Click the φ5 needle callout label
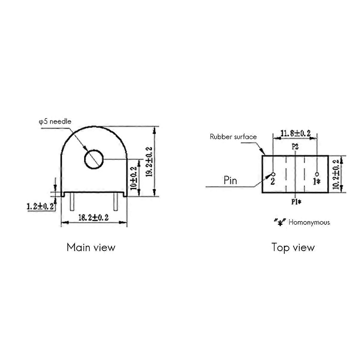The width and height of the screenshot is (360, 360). [x=55, y=121]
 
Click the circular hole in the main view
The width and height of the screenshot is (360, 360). [x=94, y=159]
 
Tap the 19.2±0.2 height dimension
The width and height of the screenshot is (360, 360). [x=149, y=162]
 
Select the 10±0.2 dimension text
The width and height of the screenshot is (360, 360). [x=133, y=178]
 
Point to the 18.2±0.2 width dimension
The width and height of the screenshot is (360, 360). [x=93, y=217]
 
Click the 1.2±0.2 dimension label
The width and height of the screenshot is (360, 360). [x=40, y=206]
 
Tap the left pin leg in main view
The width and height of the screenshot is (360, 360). [x=72, y=202]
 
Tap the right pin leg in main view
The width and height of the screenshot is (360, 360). [x=115, y=202]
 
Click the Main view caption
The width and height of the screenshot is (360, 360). [x=91, y=247]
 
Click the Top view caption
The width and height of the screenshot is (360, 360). [x=293, y=248]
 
